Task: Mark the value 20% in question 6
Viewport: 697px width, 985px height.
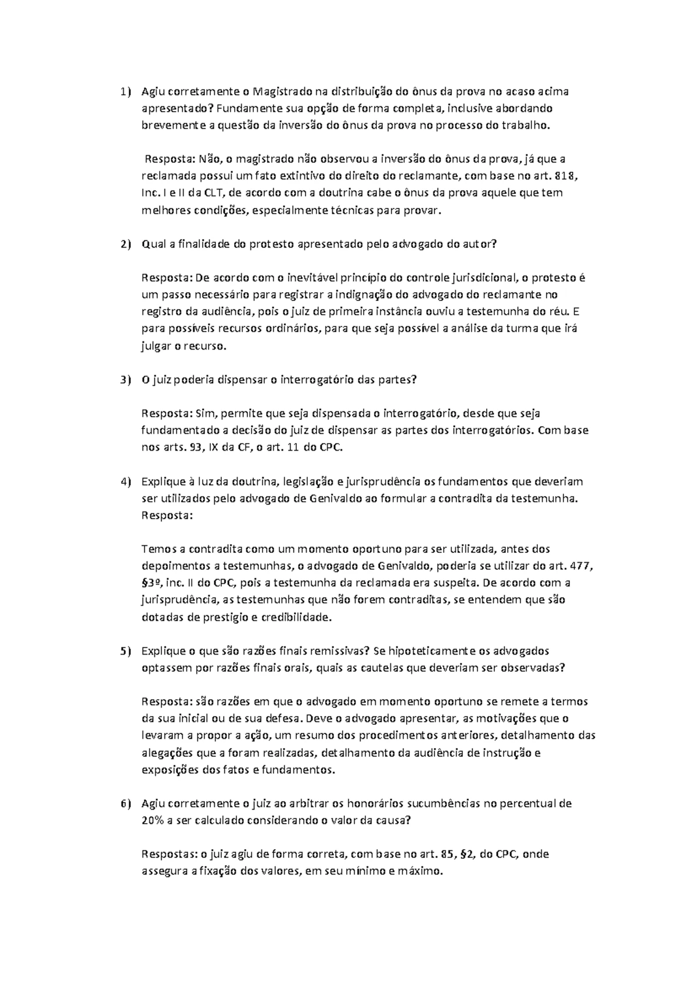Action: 152,821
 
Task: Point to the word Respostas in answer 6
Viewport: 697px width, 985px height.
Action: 169,854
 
